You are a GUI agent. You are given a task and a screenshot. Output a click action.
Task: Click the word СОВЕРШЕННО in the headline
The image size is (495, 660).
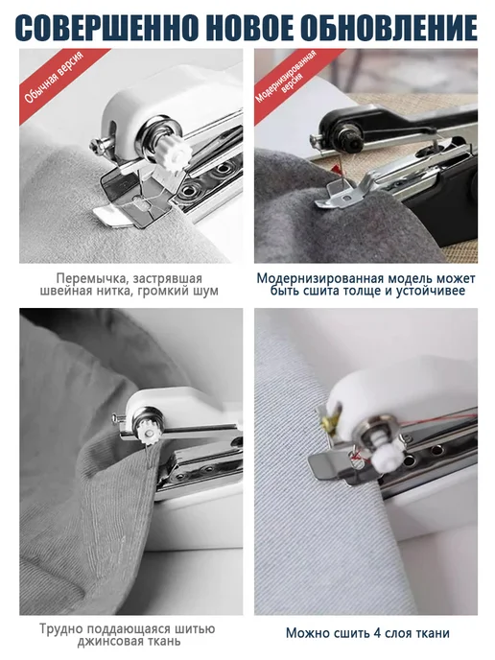[x=107, y=28]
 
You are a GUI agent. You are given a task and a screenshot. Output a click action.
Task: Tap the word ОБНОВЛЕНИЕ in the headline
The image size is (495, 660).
[x=389, y=28]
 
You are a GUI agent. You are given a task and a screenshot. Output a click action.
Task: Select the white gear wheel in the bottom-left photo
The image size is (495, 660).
[x=148, y=433]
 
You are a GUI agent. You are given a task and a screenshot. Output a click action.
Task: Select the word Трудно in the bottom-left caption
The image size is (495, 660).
[x=60, y=629]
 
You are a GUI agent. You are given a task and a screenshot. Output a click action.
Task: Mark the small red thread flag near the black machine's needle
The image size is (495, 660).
[x=337, y=170]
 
